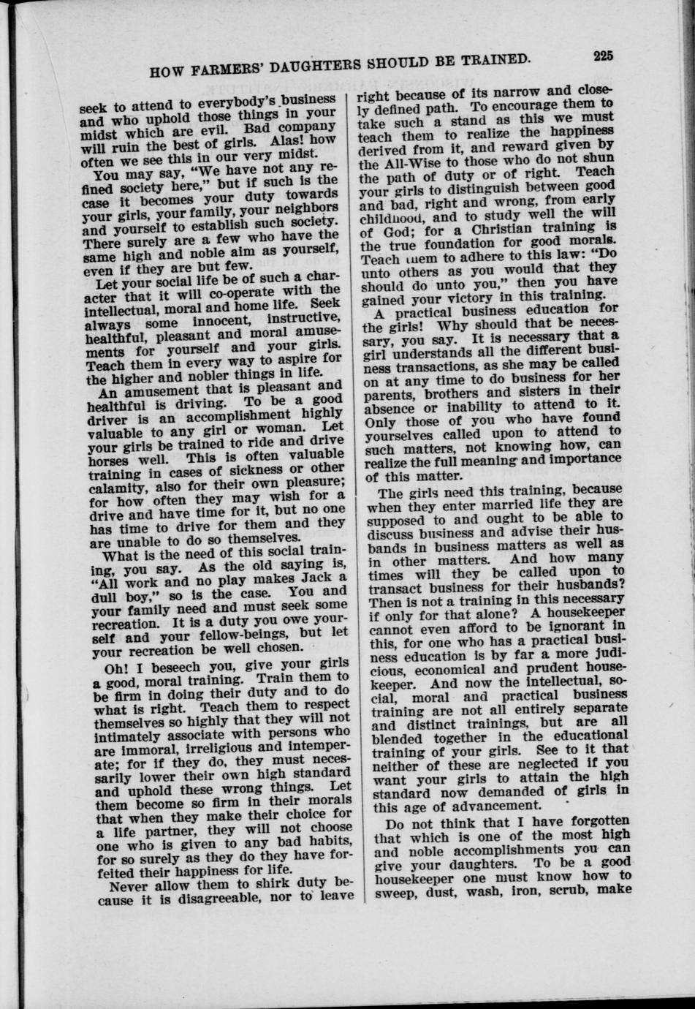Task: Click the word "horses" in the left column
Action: point(108,462)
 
